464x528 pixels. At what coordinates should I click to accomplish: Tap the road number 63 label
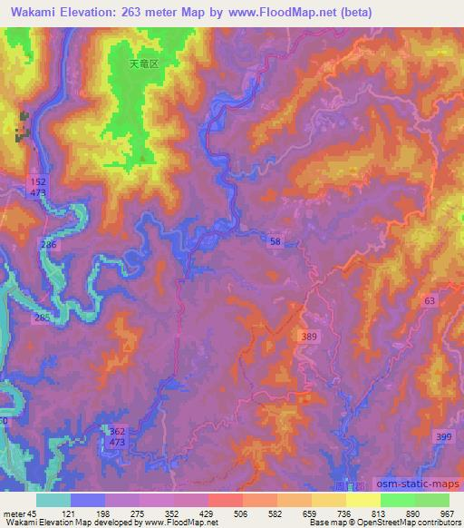point(429,300)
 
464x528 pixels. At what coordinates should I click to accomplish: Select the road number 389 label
point(309,337)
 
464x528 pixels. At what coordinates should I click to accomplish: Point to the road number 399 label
point(443,438)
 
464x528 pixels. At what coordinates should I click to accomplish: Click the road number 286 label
point(49,246)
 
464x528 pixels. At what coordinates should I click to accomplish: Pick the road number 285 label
point(42,318)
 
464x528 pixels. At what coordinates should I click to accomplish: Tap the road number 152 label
point(37,181)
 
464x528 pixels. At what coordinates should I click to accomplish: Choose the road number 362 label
point(117,431)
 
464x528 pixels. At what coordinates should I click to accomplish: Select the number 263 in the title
point(134,14)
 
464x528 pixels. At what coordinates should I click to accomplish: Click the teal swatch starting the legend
point(53,500)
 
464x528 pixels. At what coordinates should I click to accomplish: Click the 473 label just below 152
point(37,193)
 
